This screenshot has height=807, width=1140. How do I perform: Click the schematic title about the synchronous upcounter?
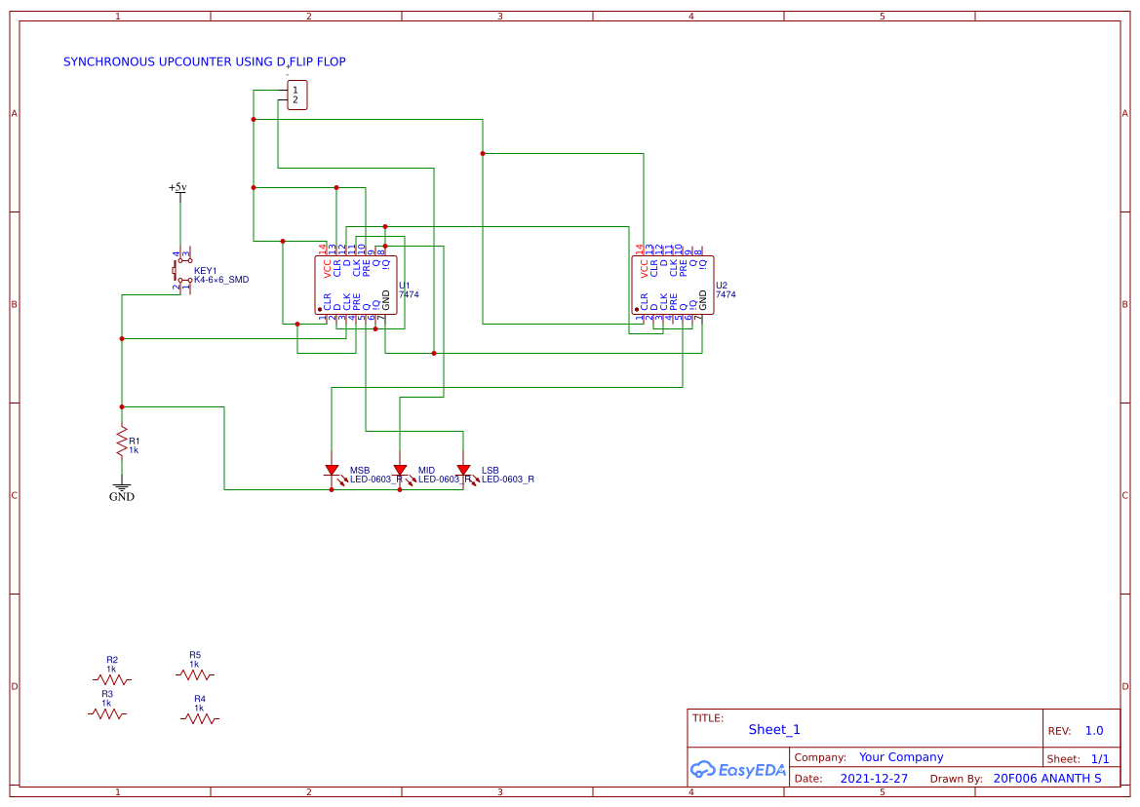(204, 61)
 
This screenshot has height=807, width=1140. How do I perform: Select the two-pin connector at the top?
(296, 95)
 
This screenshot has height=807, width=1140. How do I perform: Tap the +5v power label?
(177, 187)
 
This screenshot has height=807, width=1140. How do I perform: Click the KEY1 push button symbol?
(181, 270)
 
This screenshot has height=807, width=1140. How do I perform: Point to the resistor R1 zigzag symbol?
(122, 442)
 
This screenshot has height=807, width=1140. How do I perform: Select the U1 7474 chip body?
(356, 285)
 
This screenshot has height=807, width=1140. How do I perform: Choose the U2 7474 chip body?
(673, 285)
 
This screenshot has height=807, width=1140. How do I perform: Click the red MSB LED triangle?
(332, 472)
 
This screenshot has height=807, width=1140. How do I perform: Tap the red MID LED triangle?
(400, 472)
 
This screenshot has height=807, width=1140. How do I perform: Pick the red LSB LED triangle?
(463, 472)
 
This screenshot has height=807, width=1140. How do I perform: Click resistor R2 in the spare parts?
(112, 678)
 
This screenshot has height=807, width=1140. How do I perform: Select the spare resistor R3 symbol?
(107, 713)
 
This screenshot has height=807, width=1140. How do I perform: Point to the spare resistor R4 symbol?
(200, 718)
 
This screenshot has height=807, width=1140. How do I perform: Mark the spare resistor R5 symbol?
(195, 673)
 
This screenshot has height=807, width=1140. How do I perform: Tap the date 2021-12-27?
(874, 779)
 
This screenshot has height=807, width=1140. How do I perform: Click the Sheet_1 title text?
(774, 729)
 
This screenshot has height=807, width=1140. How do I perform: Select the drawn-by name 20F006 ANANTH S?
(1046, 779)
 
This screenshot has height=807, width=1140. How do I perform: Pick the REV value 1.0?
(1094, 730)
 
